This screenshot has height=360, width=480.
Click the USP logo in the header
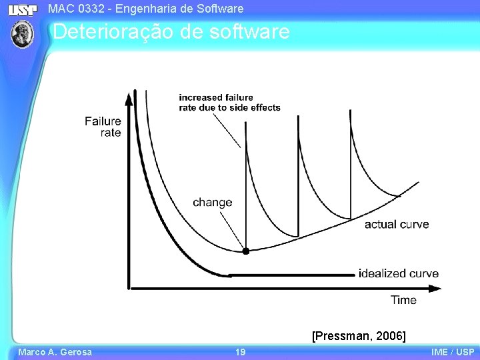click(23, 9)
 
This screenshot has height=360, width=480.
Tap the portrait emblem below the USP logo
click(23, 33)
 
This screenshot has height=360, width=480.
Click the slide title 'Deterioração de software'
click(171, 31)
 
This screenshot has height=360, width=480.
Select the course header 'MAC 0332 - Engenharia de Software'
click(146, 9)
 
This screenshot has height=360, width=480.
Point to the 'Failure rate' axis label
click(103, 127)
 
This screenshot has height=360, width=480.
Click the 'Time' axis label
click(403, 300)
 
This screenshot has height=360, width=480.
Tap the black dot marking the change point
click(245, 251)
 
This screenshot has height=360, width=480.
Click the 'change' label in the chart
click(212, 203)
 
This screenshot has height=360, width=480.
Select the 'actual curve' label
click(397, 224)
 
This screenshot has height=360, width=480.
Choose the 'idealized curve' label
click(399, 273)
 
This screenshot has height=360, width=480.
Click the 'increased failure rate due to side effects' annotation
click(229, 103)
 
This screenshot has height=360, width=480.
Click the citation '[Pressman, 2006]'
click(359, 335)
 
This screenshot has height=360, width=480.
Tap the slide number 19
click(240, 352)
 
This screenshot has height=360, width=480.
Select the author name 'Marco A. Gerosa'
click(55, 352)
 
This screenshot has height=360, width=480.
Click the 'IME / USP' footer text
click(453, 352)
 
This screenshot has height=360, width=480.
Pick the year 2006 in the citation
click(390, 335)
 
